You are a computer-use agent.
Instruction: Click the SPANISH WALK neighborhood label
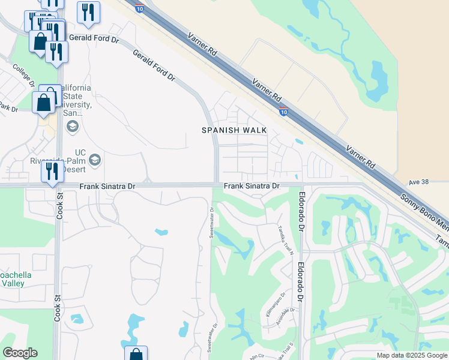(x=234, y=130)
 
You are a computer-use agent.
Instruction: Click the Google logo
(x=20, y=353)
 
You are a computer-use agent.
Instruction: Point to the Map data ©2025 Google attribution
(x=411, y=355)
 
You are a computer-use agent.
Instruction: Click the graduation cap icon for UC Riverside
(x=94, y=160)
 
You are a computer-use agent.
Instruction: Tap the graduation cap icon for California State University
(x=73, y=126)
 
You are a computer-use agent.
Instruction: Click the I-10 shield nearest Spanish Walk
(x=284, y=111)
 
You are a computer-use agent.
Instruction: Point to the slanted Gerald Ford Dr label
(x=154, y=67)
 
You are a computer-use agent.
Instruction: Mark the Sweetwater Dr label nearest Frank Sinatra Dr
(x=212, y=223)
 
